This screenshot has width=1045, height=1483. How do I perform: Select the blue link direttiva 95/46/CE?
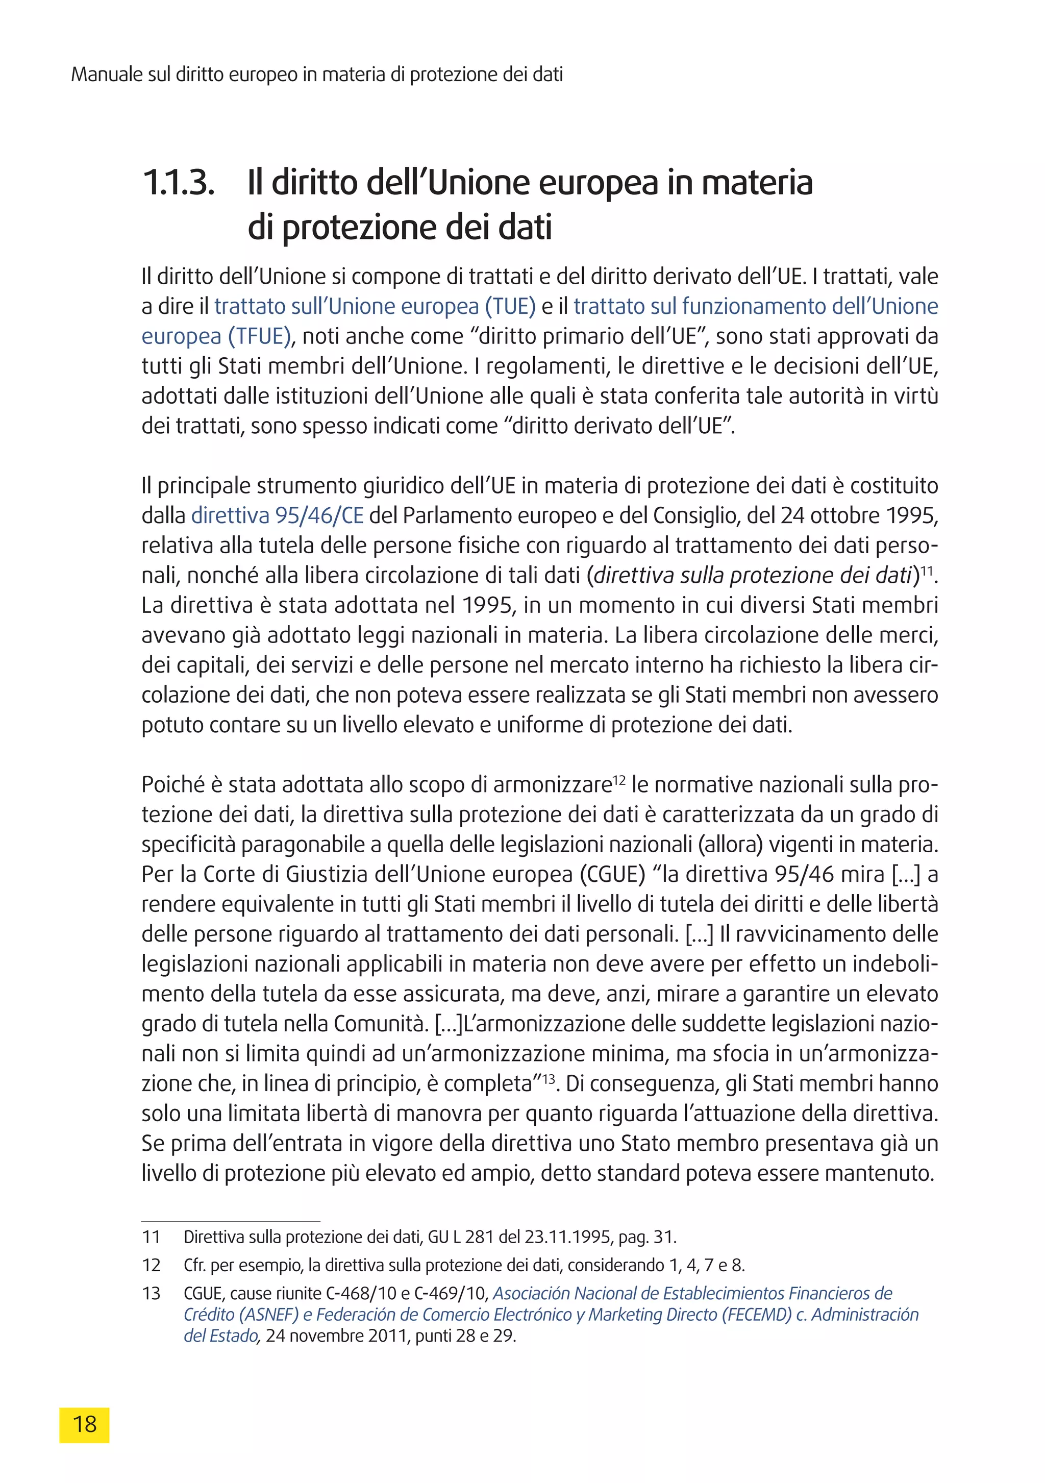[277, 515]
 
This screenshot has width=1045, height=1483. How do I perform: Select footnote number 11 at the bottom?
[151, 1237]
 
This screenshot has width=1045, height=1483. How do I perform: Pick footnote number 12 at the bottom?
[151, 1265]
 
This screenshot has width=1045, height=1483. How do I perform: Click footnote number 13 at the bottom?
[151, 1293]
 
